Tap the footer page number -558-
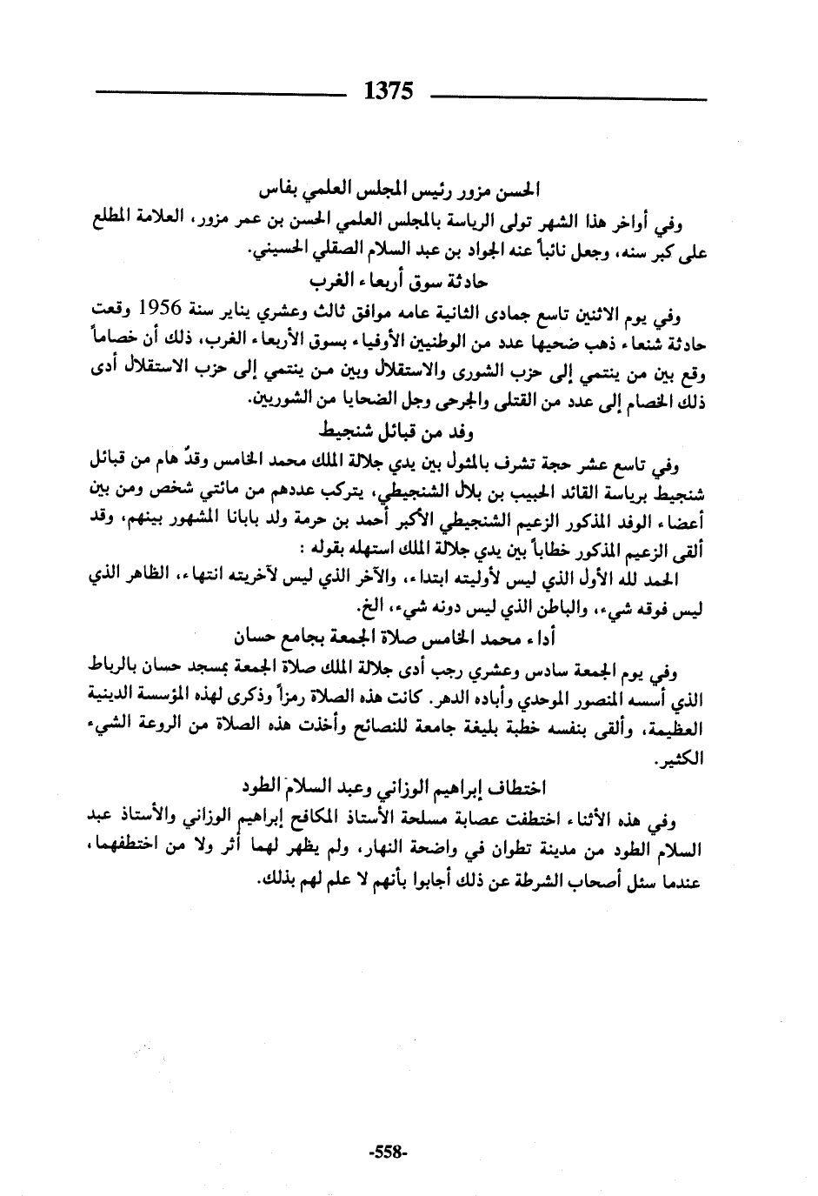point(388,1153)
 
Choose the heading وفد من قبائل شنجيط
point(396,430)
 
